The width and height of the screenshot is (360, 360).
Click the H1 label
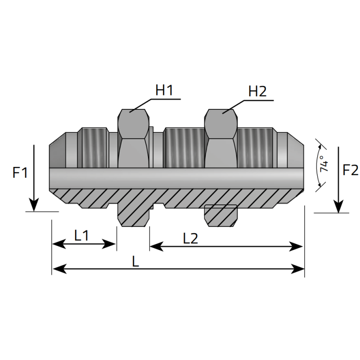164,90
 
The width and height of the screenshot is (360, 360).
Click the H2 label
257,91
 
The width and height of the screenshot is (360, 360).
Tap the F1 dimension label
20,173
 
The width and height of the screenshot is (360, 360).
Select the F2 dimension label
351,170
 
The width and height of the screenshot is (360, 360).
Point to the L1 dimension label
81,235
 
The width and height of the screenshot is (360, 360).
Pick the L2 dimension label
190,238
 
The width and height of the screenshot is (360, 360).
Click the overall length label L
136,261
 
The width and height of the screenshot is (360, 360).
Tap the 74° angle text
324,164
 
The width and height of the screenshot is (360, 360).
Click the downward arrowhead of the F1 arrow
34,205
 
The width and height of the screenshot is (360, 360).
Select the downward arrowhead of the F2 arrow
338,207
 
